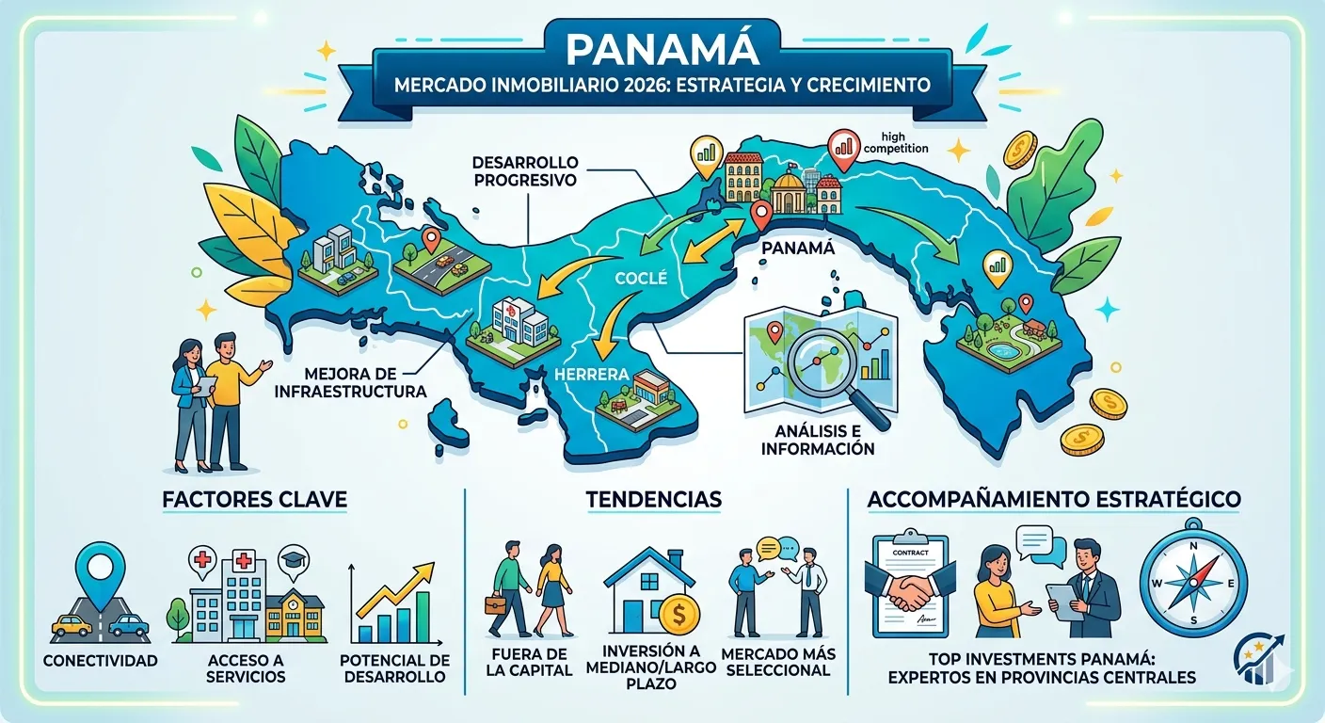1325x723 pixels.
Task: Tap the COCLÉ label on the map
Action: click(x=641, y=278)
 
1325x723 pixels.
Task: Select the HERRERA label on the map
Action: click(x=592, y=375)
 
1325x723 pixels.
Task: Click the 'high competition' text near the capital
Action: click(x=895, y=142)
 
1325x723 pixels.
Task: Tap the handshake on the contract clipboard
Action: click(x=905, y=592)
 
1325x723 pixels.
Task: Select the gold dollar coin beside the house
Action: click(x=678, y=617)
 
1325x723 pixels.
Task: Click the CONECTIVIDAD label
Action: click(x=101, y=661)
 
